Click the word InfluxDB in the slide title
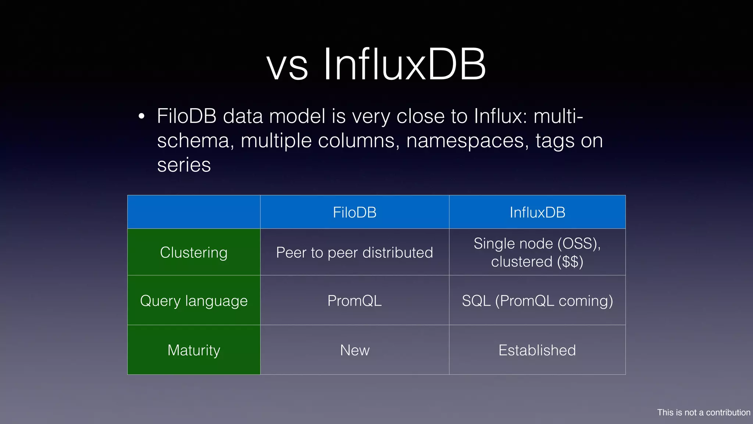pos(404,65)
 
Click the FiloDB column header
pos(354,212)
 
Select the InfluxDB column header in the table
pos(537,212)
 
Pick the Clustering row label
pos(194,252)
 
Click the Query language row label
pos(194,301)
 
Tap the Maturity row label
pos(194,350)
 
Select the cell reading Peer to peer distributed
pos(354,252)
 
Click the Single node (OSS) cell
pos(537,244)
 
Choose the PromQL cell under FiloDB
pos(354,301)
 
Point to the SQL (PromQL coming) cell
pos(537,301)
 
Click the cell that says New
pos(354,350)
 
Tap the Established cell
pos(537,350)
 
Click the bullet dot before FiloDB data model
pos(142,117)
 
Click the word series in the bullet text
pos(184,165)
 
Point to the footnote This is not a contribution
pos(703,412)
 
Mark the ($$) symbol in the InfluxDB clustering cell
pos(570,262)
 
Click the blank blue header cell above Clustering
pos(194,212)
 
